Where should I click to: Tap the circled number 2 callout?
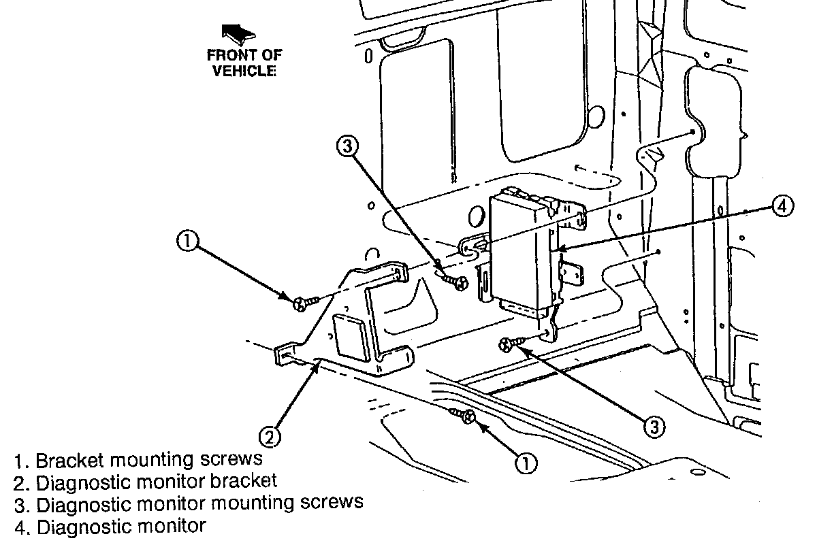[270, 436]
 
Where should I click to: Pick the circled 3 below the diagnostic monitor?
[652, 426]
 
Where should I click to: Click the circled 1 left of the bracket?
[188, 241]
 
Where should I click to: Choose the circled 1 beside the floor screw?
[525, 463]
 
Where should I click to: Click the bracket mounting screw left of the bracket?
[302, 302]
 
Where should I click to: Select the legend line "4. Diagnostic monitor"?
[110, 526]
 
